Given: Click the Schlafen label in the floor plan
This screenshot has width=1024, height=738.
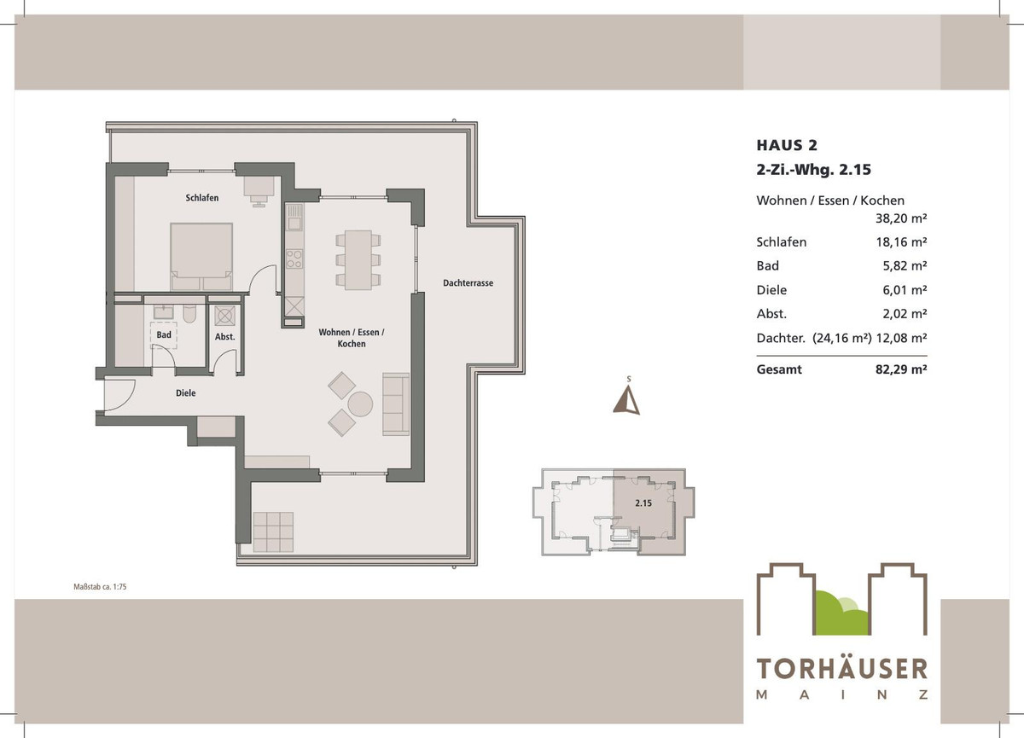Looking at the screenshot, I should (202, 198).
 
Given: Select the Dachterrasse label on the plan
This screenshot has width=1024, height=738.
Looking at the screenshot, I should (468, 283).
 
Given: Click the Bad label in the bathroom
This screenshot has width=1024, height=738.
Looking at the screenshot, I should (164, 335).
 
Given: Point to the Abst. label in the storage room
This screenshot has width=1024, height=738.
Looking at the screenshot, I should (224, 337).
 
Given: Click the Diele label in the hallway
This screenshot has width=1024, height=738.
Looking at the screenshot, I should (185, 393).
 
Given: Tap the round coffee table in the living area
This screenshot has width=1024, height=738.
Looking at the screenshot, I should (360, 404).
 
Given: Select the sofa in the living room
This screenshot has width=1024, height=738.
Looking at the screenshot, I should (396, 404).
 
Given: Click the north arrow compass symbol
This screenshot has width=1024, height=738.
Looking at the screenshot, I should (627, 398).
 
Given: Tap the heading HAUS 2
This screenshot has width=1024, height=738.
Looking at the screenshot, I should (786, 146).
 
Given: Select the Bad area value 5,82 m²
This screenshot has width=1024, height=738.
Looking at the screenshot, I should (907, 265).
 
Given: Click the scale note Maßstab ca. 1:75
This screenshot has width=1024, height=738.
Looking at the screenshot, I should (100, 587).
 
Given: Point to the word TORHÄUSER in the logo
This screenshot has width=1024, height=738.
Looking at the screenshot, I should (841, 669).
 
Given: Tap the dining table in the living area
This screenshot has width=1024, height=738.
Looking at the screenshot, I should (352, 257).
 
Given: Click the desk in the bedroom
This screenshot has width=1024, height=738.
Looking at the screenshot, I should (258, 186).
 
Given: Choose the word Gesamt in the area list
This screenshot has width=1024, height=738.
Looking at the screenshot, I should (779, 370).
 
